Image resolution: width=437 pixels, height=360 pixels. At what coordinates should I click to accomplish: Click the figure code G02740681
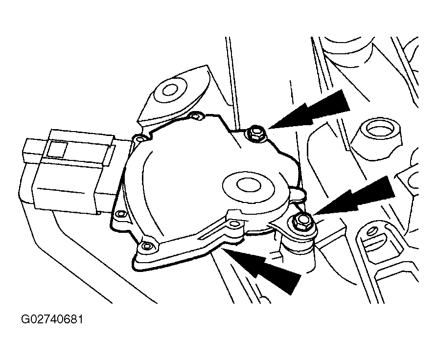(52, 319)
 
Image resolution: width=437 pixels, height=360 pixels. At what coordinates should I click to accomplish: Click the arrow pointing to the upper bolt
(309, 110)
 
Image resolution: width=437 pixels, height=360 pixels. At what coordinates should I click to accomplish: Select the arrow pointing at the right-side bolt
(354, 197)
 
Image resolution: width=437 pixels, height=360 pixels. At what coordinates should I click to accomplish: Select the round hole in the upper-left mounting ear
(170, 90)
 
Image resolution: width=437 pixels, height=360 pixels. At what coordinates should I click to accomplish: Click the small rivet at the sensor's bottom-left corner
(147, 246)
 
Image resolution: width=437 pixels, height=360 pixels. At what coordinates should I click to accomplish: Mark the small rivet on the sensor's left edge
(120, 214)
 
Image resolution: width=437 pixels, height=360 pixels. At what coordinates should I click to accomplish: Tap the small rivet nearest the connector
(140, 138)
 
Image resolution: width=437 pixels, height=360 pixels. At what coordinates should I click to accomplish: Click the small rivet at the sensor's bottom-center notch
(235, 224)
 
